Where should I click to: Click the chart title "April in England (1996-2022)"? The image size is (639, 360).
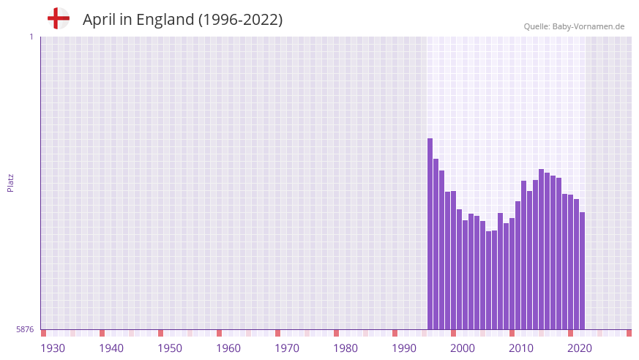coord(182,20)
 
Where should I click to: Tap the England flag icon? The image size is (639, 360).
coord(59,18)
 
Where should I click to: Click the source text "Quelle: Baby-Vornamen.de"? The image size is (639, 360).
coord(574,26)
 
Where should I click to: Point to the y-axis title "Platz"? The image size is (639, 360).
coord(10,182)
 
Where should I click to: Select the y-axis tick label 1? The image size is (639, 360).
coord(31,37)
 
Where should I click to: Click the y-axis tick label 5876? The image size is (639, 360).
coord(25,329)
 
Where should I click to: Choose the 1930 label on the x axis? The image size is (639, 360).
coord(53,348)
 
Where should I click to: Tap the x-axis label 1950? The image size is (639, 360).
coord(170,348)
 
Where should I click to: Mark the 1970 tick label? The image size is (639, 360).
coord(287,348)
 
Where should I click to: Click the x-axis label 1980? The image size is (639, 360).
coord(345,348)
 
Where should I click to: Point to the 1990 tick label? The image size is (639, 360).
coord(404,348)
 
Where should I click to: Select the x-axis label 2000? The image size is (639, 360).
coord(463,348)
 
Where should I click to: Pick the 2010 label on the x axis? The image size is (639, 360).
coord(521,348)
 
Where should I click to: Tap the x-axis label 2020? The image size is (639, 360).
coord(580,348)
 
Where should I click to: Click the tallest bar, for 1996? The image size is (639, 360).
coord(430,234)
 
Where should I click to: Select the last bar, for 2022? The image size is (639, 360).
coord(583,271)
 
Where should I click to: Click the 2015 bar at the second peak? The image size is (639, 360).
coord(542,250)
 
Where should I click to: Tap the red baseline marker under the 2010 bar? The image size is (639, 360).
coord(512,333)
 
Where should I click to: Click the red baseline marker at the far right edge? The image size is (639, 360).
coord(629,333)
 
